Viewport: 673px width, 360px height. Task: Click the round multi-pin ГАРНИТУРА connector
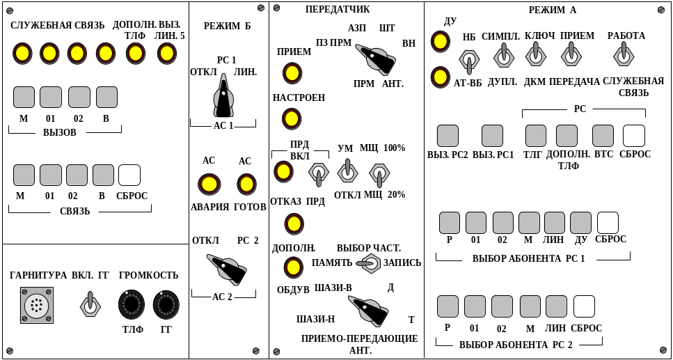(36, 305)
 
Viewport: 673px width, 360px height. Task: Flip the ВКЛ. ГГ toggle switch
(90, 304)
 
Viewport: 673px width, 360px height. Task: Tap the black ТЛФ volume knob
(132, 304)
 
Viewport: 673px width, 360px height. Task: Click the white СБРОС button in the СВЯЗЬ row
(129, 175)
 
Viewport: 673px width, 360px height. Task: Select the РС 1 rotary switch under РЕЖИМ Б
(223, 98)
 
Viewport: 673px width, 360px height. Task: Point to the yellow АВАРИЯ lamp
(209, 184)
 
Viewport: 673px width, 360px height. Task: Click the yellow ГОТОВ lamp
(246, 184)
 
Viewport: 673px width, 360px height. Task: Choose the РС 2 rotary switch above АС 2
(228, 267)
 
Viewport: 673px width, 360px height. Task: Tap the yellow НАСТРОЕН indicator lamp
(292, 118)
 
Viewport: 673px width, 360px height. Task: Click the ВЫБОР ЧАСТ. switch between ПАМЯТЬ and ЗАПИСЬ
(369, 263)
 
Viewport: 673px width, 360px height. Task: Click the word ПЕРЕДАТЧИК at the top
(338, 10)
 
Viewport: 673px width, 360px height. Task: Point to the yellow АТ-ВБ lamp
(441, 77)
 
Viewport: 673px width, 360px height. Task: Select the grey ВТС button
(603, 135)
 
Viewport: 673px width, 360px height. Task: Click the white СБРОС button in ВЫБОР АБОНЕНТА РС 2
(584, 306)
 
